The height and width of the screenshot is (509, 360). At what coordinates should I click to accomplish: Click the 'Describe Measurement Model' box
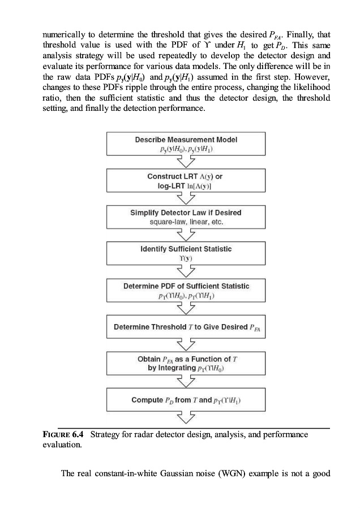(x=186, y=144)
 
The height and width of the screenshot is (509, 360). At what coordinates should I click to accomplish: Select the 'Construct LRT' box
(x=186, y=180)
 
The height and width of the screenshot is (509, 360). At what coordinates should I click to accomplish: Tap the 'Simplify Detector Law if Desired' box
(x=186, y=217)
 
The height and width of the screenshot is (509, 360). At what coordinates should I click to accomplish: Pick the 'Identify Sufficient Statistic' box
(x=186, y=253)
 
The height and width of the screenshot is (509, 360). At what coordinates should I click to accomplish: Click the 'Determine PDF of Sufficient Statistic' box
(x=186, y=290)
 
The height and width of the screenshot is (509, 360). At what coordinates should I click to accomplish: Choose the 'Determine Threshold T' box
(x=186, y=327)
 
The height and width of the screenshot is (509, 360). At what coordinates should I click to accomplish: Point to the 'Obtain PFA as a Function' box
(x=186, y=364)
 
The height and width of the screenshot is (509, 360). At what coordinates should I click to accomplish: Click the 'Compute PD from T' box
(x=186, y=400)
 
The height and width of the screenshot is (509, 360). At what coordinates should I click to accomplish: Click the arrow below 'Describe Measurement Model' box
(x=186, y=162)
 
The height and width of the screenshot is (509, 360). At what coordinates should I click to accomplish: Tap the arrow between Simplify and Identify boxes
(x=186, y=235)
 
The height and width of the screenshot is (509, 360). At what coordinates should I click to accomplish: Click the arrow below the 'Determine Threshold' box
(x=186, y=345)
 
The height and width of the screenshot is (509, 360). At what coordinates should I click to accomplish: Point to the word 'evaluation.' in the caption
(x=62, y=445)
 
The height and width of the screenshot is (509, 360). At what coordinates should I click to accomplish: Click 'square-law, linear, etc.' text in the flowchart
(x=186, y=222)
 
